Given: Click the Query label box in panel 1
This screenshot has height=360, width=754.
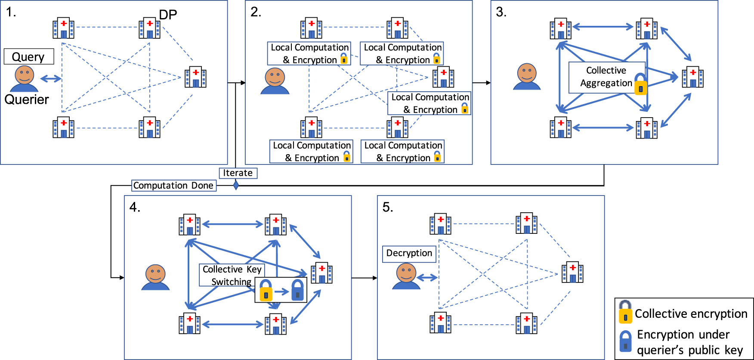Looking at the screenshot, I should pos(29,56).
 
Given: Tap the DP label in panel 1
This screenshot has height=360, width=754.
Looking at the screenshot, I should pos(168,15).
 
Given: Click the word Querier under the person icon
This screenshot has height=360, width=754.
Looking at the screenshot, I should pos(27,99).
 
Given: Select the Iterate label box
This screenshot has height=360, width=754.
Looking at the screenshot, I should pos(238,173).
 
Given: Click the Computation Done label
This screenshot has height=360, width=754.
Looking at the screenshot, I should pos(173,186).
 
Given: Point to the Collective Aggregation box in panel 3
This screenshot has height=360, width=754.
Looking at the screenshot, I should pos(606,77).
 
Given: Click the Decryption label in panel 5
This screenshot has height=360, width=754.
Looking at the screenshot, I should pos(409,253).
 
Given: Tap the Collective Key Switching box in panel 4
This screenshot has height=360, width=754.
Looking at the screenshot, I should pos(231,275).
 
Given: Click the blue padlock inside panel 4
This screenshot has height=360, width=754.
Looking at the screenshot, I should pos(297,290).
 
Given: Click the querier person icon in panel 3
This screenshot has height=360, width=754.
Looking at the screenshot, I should pos(527,77).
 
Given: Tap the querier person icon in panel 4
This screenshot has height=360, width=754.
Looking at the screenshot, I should pos(155,277).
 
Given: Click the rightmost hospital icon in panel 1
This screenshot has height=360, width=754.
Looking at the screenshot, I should pos(195,78).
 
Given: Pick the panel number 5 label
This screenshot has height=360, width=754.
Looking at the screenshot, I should pos(387,208).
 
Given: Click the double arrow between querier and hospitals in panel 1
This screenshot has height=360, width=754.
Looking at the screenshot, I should pos(50,79).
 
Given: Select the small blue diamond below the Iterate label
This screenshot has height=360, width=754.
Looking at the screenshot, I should pos(236,185).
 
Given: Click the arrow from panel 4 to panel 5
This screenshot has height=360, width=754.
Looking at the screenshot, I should pos(364,278).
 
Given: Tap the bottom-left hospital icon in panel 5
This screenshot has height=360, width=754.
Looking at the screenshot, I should pos(440,323).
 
